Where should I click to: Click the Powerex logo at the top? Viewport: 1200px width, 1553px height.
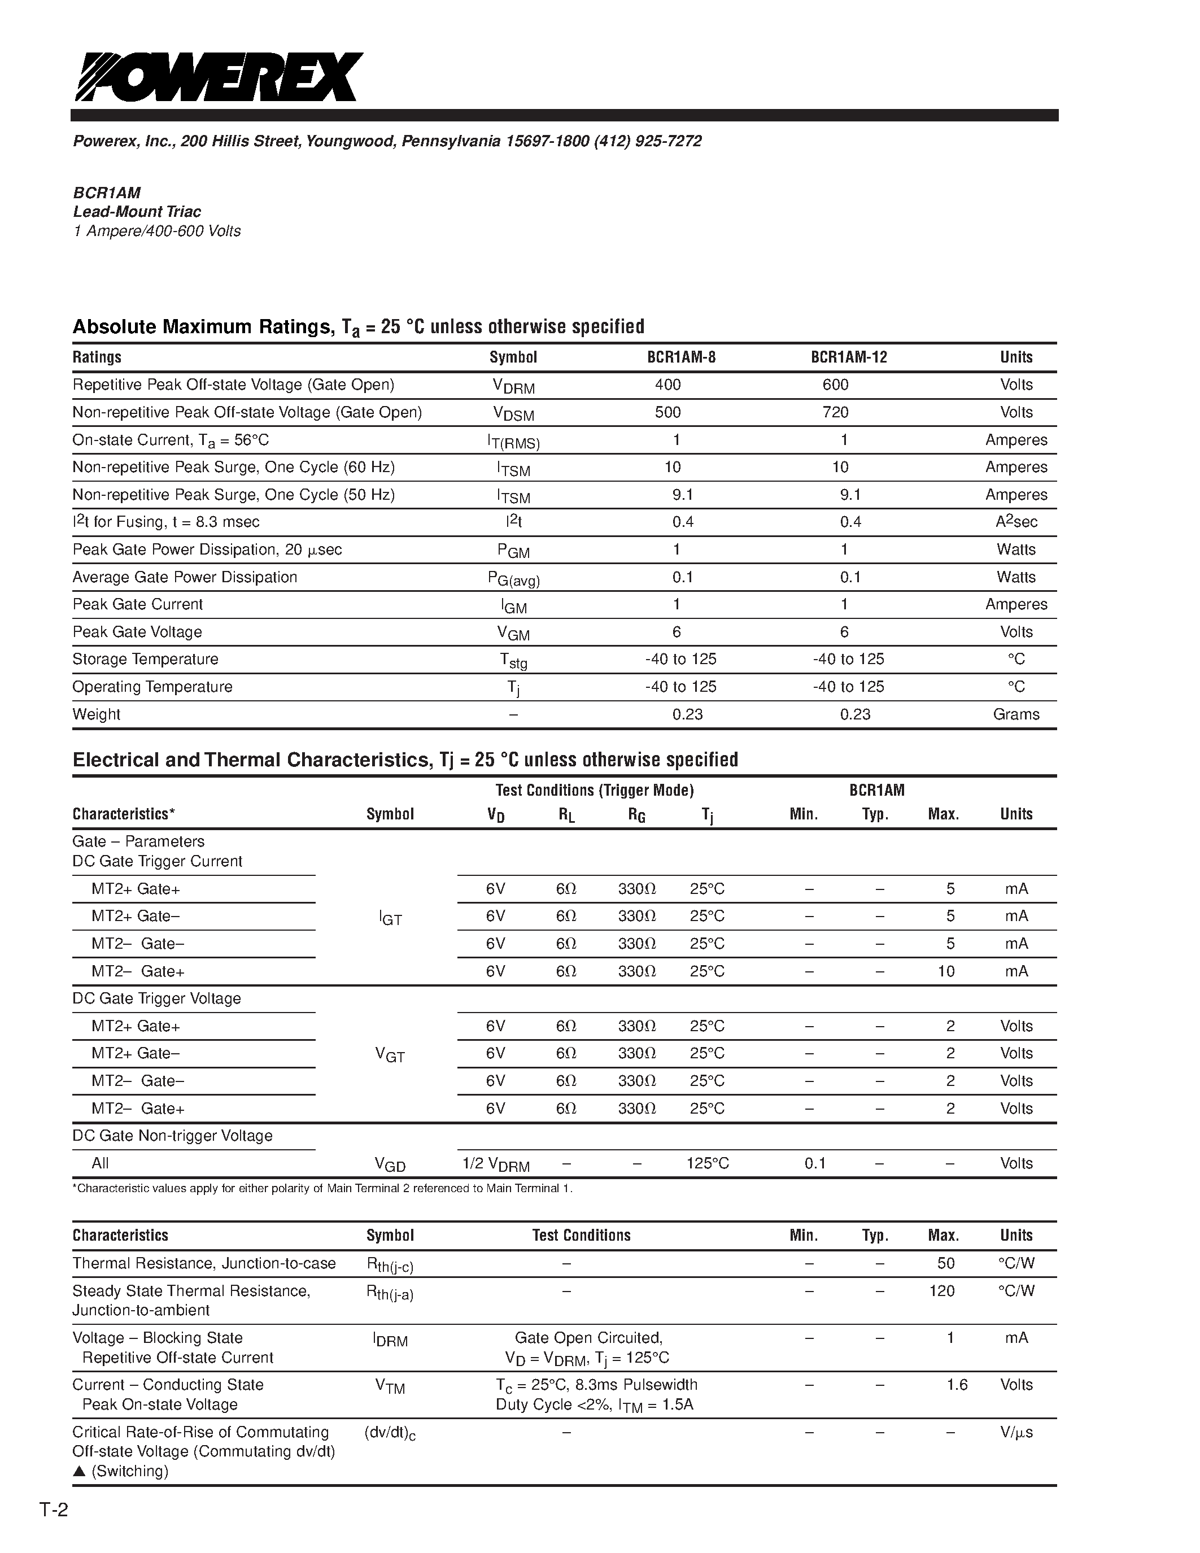coord(219,77)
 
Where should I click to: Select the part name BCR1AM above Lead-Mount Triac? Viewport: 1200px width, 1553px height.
coord(107,193)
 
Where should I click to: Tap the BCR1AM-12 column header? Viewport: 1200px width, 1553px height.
coord(849,357)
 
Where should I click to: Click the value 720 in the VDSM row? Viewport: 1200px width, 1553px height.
coord(835,412)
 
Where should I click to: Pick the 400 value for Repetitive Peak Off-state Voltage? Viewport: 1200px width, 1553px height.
coord(667,385)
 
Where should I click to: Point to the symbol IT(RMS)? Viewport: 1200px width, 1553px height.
coord(513,442)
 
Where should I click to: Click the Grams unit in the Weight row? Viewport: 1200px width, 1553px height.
coord(1016,714)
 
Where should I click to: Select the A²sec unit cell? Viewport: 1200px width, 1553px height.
coord(1016,522)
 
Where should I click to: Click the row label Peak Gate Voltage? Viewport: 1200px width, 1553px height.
coord(137,632)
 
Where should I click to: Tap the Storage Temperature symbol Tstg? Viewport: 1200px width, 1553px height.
coord(513,661)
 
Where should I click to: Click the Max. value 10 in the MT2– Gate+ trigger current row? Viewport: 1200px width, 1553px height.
coord(946,971)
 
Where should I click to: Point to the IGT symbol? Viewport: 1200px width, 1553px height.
coord(390,919)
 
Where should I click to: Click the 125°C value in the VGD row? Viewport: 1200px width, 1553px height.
coord(708,1163)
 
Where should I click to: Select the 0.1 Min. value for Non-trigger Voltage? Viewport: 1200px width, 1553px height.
coord(815,1163)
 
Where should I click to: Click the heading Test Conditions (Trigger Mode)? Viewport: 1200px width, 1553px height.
coord(594,790)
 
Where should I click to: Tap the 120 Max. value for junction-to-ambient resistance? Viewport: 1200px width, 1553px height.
coord(942,1290)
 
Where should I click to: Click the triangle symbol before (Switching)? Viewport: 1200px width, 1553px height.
coord(79,1471)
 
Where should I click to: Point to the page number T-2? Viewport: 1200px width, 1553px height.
coord(53,1510)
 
